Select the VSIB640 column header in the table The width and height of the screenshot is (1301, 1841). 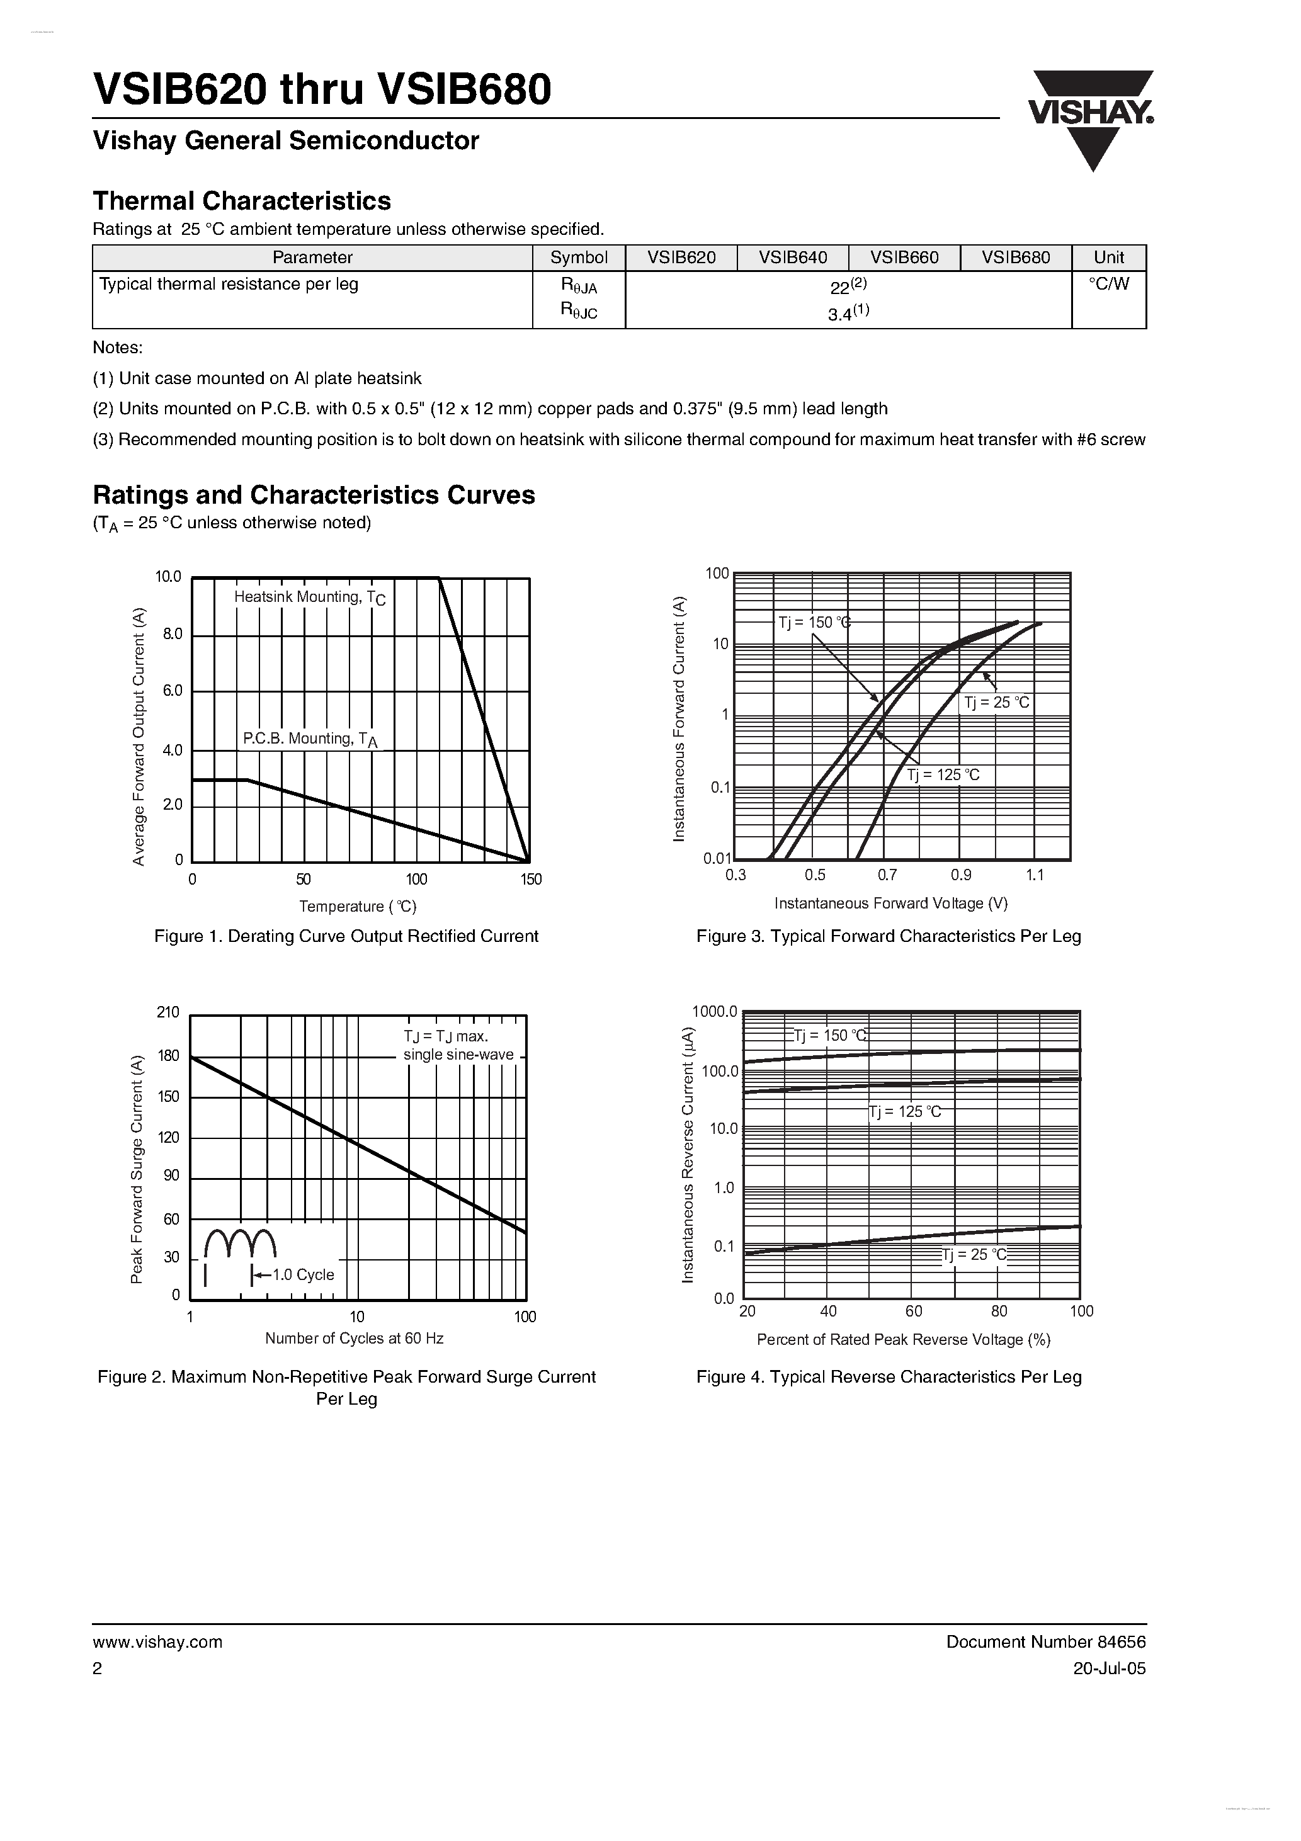(792, 258)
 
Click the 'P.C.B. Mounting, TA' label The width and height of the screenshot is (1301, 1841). (310, 739)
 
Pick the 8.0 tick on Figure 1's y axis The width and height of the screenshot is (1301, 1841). (173, 634)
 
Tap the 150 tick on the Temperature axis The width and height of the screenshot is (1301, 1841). (531, 880)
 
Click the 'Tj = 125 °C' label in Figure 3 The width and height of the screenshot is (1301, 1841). (943, 775)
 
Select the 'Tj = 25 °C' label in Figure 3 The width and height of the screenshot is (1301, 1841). (996, 703)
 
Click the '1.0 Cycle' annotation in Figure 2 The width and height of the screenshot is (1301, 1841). (302, 1275)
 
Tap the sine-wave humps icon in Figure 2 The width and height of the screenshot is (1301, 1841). (241, 1243)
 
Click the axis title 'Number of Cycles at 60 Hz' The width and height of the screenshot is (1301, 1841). (354, 1339)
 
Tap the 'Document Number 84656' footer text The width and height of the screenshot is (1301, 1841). (1045, 1641)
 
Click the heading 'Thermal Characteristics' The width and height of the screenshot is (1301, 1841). (242, 200)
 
